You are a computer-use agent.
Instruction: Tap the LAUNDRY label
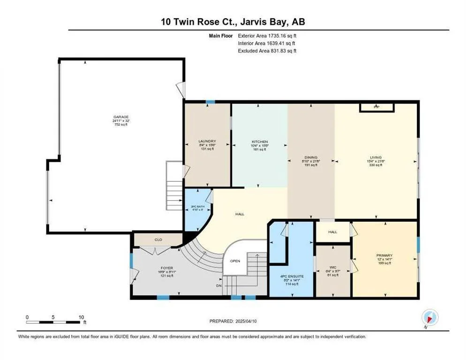tap(206, 141)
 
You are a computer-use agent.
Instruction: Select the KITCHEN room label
tap(259, 141)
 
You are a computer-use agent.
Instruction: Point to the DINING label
tap(310, 157)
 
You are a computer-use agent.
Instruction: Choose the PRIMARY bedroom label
tap(384, 256)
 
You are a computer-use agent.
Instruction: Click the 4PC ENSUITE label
tap(291, 277)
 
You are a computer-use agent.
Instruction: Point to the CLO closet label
tap(158, 240)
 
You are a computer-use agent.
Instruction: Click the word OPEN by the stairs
tap(235, 261)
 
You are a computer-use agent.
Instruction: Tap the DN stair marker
tap(218, 285)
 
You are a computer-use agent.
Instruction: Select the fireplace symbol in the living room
tap(376, 107)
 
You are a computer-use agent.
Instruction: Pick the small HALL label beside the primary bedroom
tap(332, 232)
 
